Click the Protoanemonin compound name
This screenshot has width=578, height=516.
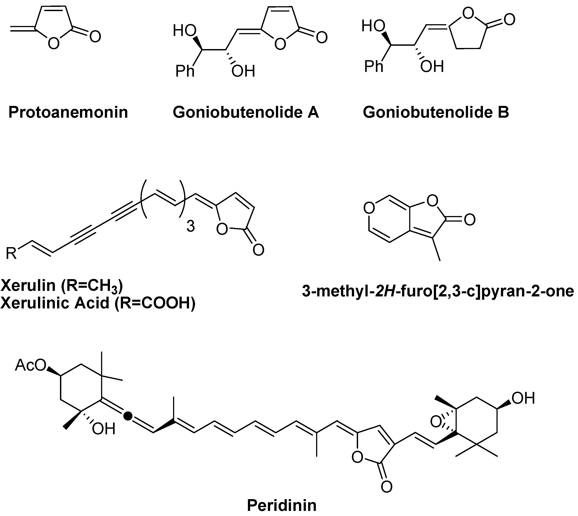pos(68,112)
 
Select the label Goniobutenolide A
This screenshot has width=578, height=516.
pos(246,112)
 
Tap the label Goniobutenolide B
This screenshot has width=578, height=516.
pos(436,112)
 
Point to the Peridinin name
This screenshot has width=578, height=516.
pos(282,505)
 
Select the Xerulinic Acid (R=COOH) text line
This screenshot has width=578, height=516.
pos(98,303)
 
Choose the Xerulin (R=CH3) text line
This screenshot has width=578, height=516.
pos(62,285)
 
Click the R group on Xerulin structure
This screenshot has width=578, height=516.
pos(11,253)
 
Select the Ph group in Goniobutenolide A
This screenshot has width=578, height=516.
pos(185,71)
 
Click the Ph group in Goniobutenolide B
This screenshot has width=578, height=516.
pos(373,66)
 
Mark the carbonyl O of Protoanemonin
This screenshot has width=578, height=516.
pos(95,37)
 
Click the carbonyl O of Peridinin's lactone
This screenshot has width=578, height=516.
pos(386,487)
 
